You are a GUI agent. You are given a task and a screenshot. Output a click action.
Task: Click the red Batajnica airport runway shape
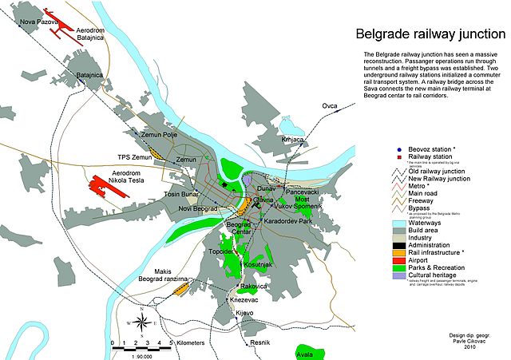pyautogui.click(x=59, y=24)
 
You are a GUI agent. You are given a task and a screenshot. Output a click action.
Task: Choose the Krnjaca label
pyautogui.click(x=293, y=140)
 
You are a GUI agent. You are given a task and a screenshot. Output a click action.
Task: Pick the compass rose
pyautogui.click(x=142, y=321)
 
